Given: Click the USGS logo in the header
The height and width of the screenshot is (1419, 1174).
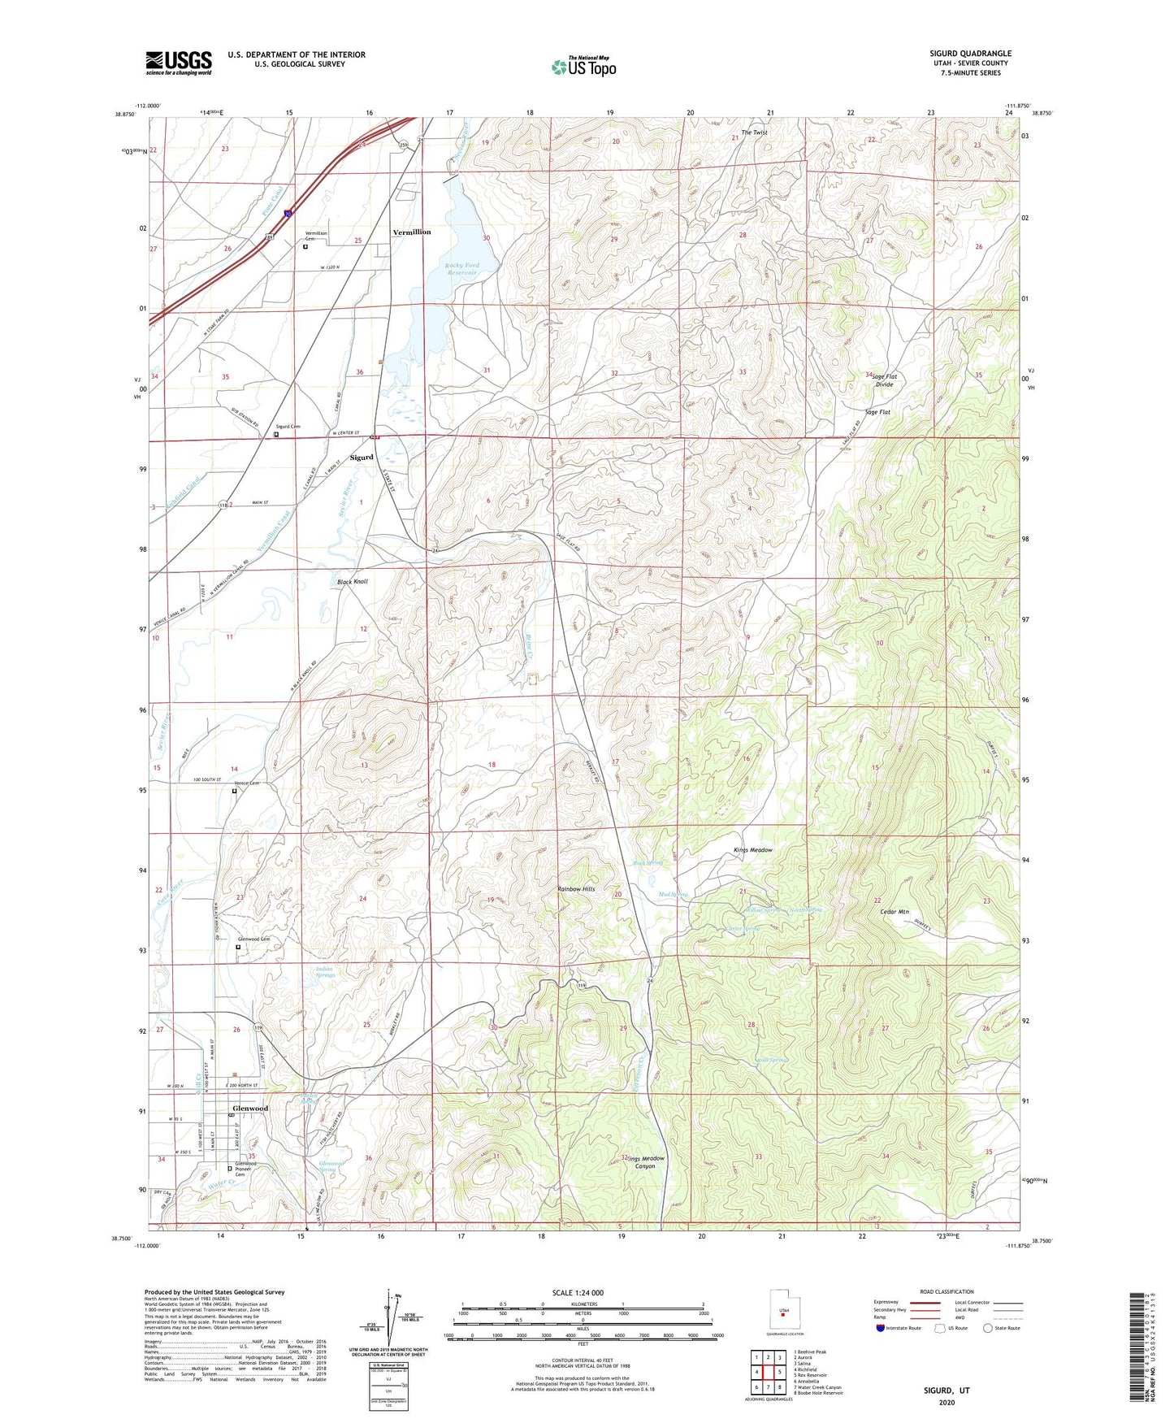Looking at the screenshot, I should tap(178, 63).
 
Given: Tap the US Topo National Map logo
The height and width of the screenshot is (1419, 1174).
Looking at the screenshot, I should tap(583, 67).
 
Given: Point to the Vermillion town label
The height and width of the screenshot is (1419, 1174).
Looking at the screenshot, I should tap(412, 232).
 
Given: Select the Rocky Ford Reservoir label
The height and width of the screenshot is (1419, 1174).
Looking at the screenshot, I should tap(461, 269).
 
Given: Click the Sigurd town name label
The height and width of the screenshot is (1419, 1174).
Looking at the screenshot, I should tap(362, 458).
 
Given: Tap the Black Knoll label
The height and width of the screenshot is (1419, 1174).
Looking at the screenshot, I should tap(353, 582).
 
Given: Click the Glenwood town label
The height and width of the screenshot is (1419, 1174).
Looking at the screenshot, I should tap(249, 1109).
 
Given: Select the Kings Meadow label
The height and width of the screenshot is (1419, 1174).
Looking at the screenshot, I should tap(752, 850).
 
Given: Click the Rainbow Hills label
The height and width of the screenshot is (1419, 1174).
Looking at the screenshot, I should tap(576, 889).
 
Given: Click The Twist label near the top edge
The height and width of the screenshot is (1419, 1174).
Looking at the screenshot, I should tap(754, 132).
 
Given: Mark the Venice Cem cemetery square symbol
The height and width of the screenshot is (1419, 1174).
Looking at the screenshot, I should tap(235, 791).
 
